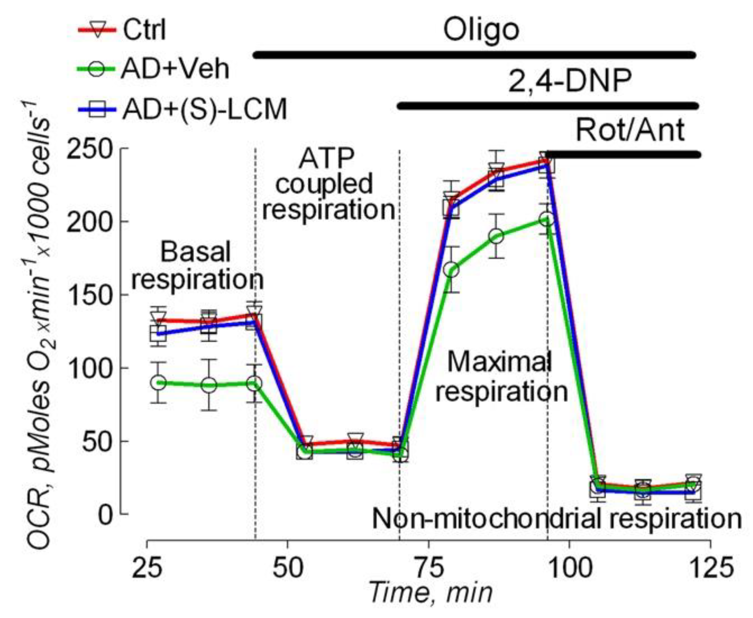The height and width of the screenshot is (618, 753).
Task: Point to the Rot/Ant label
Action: pyautogui.click(x=630, y=130)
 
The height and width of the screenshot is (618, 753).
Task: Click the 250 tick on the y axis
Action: pyautogui.click(x=89, y=149)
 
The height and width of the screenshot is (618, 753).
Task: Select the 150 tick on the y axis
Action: pyautogui.click(x=89, y=295)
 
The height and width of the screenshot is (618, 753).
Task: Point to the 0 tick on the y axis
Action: pyautogui.click(x=105, y=515)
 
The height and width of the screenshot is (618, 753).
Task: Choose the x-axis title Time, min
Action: pyautogui.click(x=430, y=593)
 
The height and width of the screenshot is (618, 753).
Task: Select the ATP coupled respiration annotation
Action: pyautogui.click(x=327, y=184)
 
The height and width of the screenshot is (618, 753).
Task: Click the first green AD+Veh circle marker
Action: pyautogui.click(x=158, y=383)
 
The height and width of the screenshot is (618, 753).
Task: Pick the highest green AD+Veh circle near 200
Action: pyautogui.click(x=546, y=219)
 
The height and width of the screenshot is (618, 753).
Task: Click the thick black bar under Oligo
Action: pyautogui.click(x=473, y=55)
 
